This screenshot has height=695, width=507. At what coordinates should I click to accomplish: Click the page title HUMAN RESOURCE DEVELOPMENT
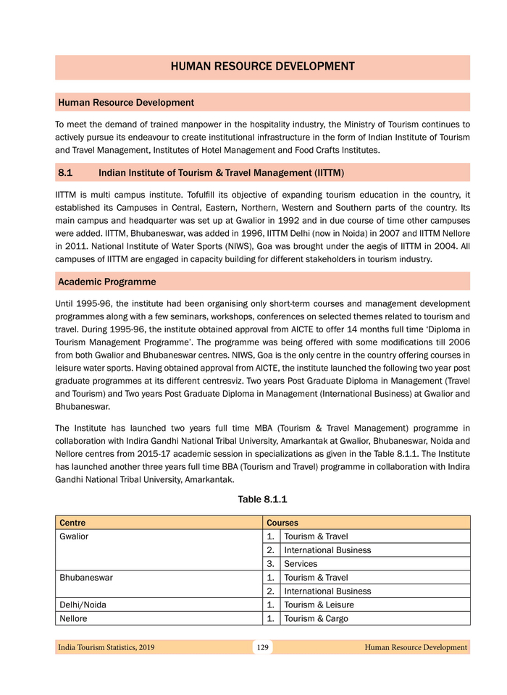pyautogui.click(x=262, y=67)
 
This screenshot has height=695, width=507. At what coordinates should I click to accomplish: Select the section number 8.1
pyautogui.click(x=67, y=173)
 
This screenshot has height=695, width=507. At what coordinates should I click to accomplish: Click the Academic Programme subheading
pyautogui.click(x=106, y=281)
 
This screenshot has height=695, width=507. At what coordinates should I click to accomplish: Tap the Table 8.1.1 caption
pyautogui.click(x=262, y=500)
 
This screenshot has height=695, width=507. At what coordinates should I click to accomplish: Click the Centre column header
pyautogui.click(x=72, y=523)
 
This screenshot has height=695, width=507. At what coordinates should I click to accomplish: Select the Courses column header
pyautogui.click(x=282, y=523)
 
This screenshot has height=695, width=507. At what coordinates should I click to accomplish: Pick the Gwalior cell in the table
pyautogui.click(x=74, y=536)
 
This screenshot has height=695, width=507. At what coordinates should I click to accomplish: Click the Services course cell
pyautogui.click(x=301, y=564)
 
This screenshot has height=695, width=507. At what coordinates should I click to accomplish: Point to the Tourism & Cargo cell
pyautogui.click(x=317, y=619)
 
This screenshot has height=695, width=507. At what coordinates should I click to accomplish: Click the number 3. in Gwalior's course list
pyautogui.click(x=270, y=564)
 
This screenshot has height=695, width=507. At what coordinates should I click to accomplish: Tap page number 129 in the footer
pyautogui.click(x=262, y=647)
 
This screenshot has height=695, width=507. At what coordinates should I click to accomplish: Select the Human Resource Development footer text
pyautogui.click(x=416, y=647)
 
